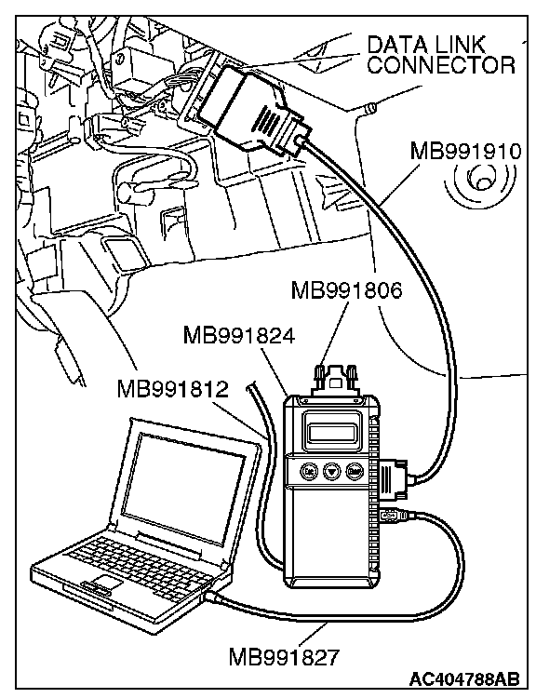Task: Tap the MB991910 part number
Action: click(x=465, y=152)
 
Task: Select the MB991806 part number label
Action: click(x=346, y=290)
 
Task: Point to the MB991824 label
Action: click(x=239, y=336)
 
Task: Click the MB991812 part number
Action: click(x=173, y=389)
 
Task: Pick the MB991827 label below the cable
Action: click(x=284, y=657)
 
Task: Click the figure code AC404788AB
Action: click(x=464, y=678)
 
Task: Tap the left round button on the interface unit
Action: click(x=309, y=471)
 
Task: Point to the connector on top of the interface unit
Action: click(x=336, y=380)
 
